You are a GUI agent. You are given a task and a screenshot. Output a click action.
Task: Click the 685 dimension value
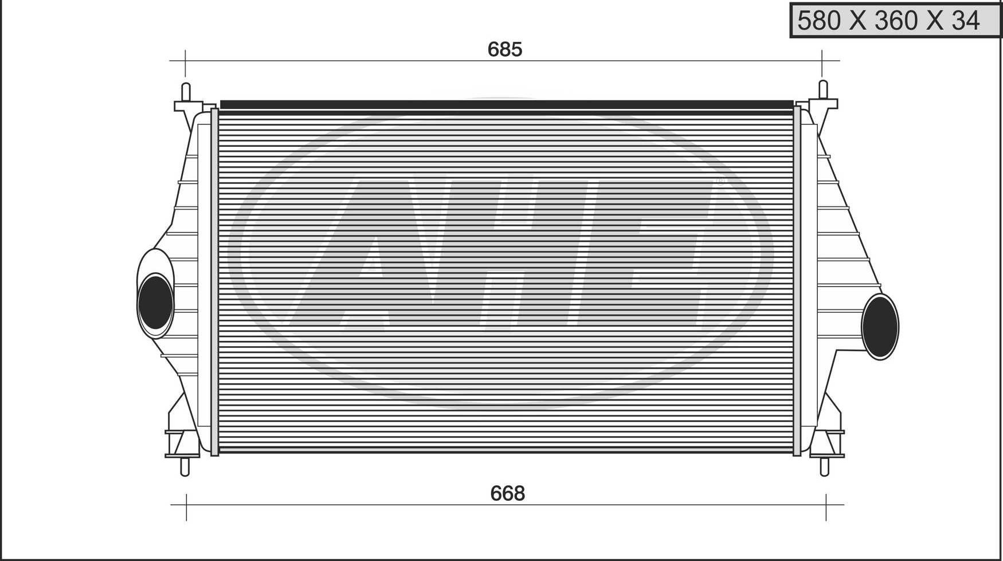pos(504,49)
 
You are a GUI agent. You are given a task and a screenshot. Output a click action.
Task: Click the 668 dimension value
pos(507,493)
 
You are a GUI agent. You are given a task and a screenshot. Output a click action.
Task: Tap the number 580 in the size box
pos(819,21)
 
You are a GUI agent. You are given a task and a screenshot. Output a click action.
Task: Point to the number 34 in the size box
pos(966,21)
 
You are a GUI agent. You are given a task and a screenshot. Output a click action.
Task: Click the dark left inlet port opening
pos(155,302)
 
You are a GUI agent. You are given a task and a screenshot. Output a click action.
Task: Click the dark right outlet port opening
pos(879,326)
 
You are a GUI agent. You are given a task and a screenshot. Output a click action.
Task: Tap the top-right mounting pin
pos(823,90)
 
